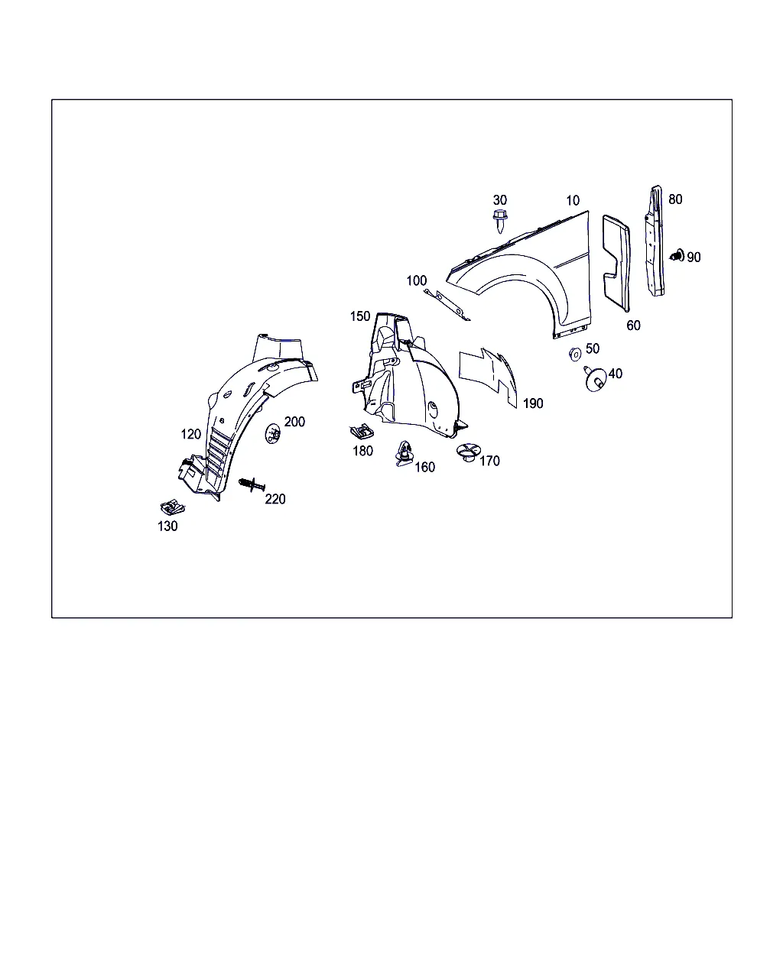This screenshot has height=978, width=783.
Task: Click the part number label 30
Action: [499, 200]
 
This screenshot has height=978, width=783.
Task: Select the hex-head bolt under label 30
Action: [500, 221]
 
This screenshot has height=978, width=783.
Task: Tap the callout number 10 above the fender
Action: [573, 200]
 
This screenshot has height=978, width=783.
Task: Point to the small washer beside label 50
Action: [575, 354]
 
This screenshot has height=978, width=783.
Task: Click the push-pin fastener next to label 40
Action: [595, 379]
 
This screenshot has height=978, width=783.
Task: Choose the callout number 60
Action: [633, 325]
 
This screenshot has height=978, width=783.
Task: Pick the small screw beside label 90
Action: [677, 255]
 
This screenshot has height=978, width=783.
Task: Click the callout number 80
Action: [675, 199]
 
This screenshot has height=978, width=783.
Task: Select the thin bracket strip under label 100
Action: [447, 305]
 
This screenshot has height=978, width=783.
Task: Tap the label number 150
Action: [360, 316]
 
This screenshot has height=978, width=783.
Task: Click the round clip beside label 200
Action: [272, 433]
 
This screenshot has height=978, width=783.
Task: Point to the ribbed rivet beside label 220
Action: [252, 484]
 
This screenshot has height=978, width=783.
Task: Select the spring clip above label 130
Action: [173, 507]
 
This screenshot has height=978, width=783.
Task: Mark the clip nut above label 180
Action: [362, 431]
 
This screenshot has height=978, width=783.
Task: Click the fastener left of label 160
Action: [404, 454]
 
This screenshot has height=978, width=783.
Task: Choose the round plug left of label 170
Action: [468, 452]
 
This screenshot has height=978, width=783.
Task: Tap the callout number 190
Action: [533, 403]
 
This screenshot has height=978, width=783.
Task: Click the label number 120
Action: [190, 435]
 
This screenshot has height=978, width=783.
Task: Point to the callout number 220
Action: [275, 499]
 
